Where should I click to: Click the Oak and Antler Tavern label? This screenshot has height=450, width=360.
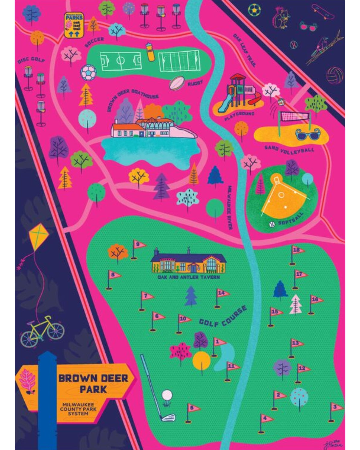click(x=189, y=277)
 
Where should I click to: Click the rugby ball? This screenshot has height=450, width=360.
click(x=177, y=83)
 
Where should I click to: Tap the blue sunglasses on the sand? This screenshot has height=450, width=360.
click(x=307, y=134)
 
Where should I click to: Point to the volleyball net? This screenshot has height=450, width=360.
click(x=295, y=116)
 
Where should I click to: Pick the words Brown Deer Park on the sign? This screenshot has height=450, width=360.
click(x=93, y=383)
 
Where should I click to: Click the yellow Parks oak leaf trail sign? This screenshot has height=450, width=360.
click(x=74, y=25)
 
